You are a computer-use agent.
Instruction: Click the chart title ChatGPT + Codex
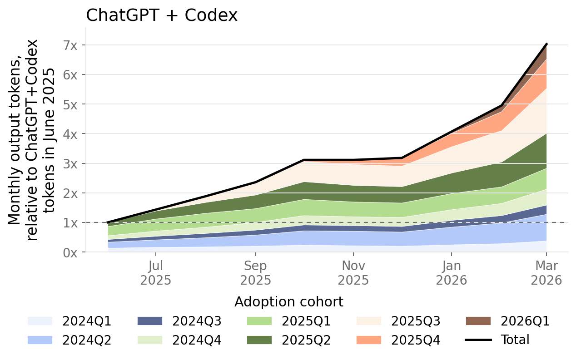161,15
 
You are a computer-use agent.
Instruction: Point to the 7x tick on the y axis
70,45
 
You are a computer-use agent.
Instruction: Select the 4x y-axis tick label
70,134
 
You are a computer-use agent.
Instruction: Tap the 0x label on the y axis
70,253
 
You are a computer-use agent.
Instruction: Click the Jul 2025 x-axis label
155,273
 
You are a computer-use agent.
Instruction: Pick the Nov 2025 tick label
353,273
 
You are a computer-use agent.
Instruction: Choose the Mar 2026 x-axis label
546,273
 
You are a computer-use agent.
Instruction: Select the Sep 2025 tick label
256,273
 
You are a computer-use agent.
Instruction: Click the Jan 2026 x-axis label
451,273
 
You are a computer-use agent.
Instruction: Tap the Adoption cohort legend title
289,302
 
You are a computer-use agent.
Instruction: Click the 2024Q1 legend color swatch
40,321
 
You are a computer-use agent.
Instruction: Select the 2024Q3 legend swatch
150,321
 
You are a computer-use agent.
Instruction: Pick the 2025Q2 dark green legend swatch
259,340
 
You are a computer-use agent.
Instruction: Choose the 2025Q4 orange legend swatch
369,340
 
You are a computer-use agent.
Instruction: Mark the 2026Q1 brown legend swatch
478,321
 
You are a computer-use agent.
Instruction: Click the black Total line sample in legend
478,340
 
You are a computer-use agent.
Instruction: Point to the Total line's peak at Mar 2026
546,44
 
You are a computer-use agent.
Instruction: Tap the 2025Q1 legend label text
306,321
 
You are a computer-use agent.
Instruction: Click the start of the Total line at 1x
108,222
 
